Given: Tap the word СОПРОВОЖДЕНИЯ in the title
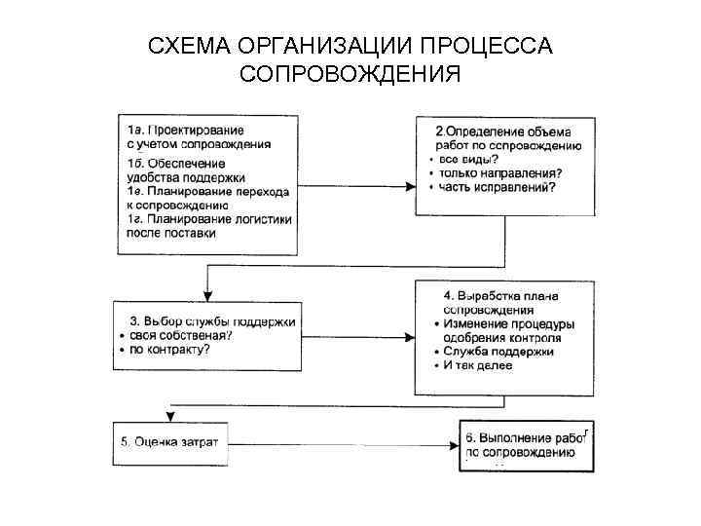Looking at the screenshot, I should point(350,75).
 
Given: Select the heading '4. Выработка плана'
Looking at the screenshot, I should point(507,295).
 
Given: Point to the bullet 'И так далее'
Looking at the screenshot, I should point(476,364).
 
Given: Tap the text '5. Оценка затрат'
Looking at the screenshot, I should point(169,442).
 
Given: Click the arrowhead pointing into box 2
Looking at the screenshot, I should point(409,183).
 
